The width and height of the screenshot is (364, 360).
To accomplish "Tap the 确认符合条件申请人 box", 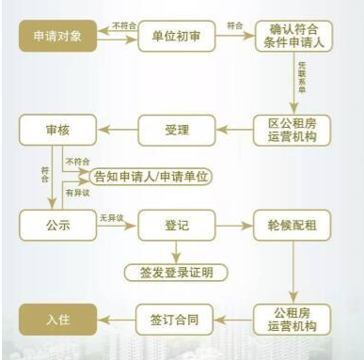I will [x=293, y=38].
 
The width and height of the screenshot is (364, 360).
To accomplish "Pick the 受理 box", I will [x=176, y=131].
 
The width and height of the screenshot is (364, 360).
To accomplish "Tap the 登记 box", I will [x=176, y=226].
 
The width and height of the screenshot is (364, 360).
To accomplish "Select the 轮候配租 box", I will [x=293, y=226].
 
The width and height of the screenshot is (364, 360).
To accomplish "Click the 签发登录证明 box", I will [x=176, y=272].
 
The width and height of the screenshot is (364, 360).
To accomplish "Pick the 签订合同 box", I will [x=176, y=317].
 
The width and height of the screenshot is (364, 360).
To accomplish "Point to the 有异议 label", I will [x=74, y=192].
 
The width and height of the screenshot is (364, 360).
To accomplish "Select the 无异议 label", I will [x=112, y=217].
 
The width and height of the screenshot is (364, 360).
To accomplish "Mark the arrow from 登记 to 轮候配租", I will [x=235, y=226].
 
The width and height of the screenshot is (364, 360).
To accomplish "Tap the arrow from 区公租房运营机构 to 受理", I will [x=235, y=131].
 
